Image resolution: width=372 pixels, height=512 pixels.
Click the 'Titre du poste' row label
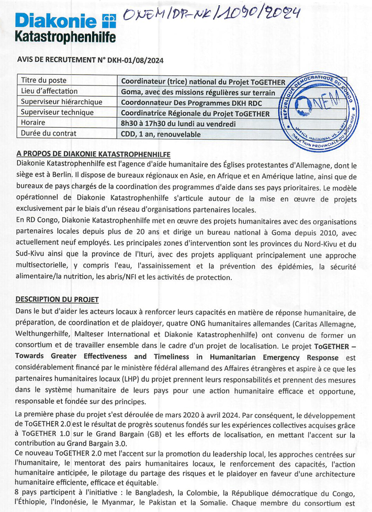click(43, 81)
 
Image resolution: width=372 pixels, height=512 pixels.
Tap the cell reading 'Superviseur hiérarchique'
click(61, 102)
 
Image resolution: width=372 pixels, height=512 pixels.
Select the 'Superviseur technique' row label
click(57, 112)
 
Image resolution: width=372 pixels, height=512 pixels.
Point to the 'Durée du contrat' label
click(48, 133)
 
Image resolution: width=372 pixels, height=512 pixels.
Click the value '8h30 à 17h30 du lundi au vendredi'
click(178, 124)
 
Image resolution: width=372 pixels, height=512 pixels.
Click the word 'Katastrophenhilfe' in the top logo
click(65, 37)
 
